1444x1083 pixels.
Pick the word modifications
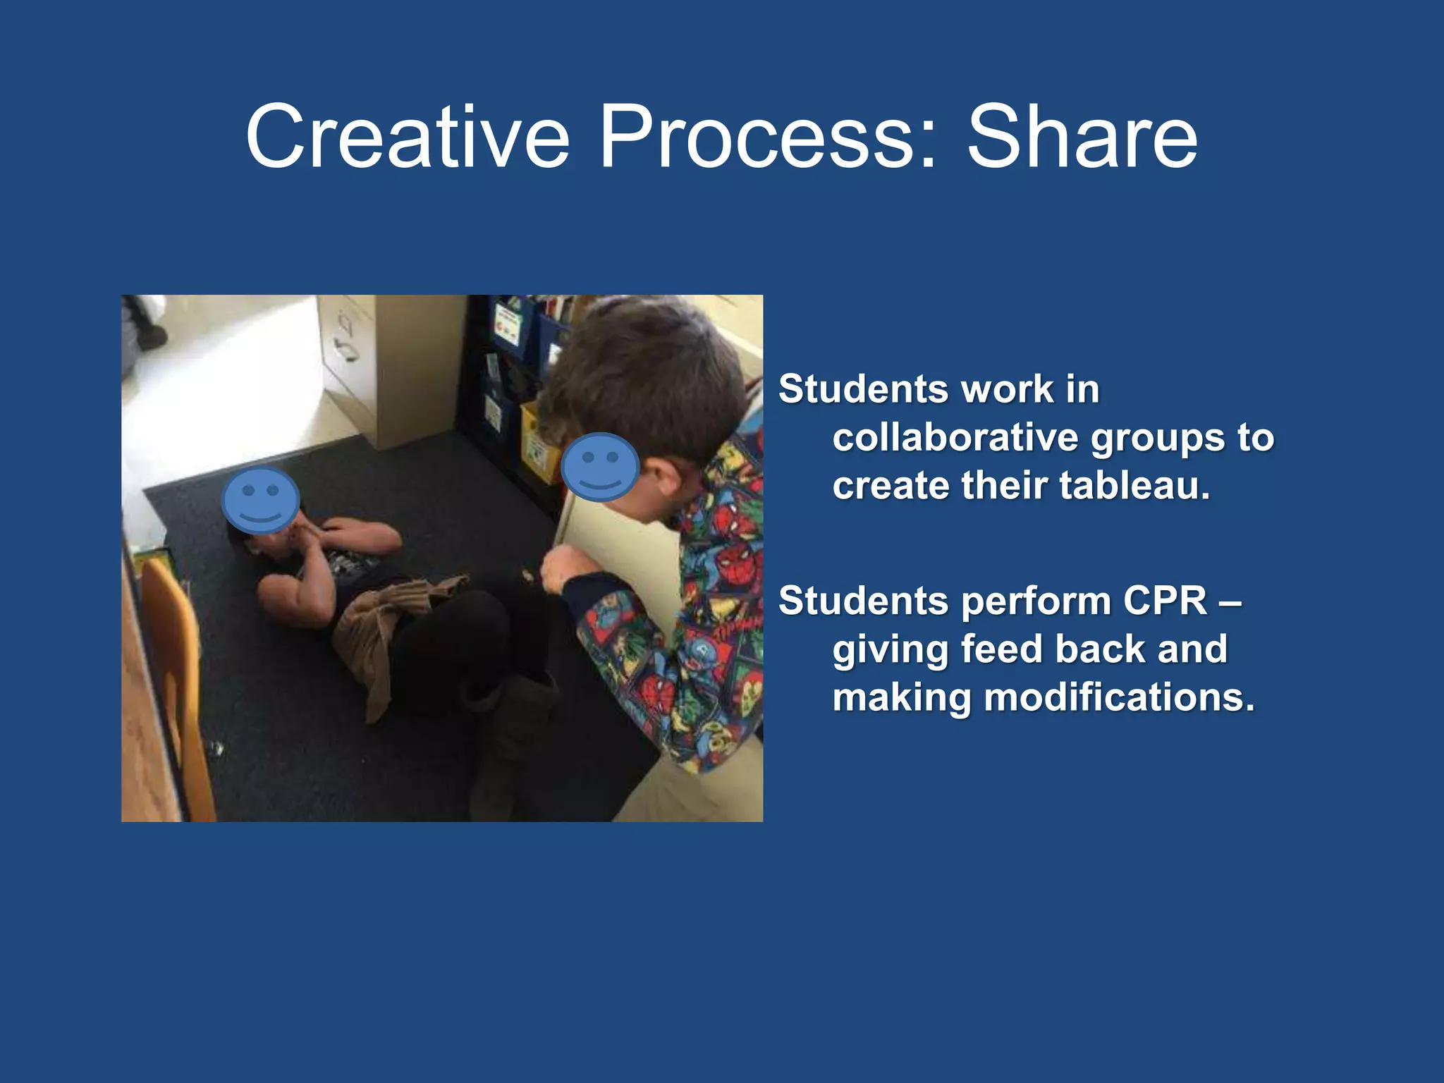coord(1119,697)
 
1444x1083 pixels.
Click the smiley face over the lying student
coord(260,499)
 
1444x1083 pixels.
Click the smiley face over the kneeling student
coord(600,467)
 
